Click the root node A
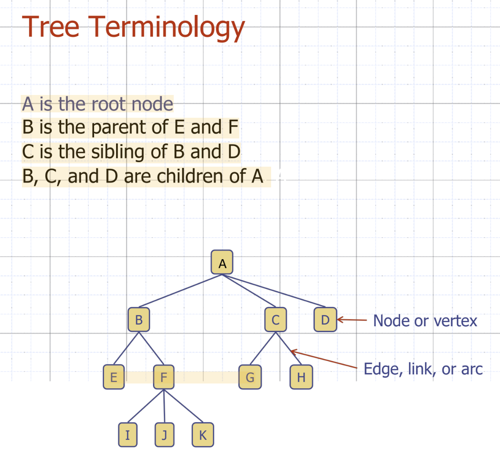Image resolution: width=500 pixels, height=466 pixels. [x=222, y=262]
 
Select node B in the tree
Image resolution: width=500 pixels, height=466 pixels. [x=139, y=320]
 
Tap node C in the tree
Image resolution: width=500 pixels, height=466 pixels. [x=276, y=320]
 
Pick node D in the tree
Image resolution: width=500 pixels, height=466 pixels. [x=325, y=320]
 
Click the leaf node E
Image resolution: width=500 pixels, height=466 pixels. [x=114, y=377]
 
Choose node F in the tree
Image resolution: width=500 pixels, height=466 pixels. [x=164, y=377]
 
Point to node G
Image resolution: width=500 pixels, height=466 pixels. [x=250, y=377]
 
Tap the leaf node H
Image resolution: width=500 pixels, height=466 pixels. [x=301, y=377]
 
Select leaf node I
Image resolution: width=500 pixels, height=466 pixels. [x=128, y=434]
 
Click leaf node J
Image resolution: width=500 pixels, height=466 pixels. [x=165, y=434]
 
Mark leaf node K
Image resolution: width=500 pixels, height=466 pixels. [x=203, y=434]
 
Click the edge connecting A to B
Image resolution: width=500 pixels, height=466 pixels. [x=180, y=291]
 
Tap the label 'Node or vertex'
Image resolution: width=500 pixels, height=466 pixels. [x=425, y=320]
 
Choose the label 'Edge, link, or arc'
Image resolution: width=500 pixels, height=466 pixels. [x=423, y=369]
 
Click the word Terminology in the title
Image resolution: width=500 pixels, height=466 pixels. [x=168, y=27]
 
